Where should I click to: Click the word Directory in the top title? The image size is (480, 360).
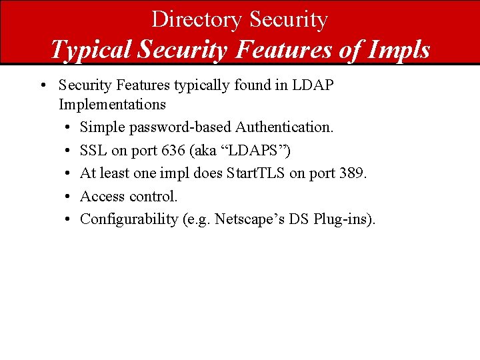[197, 19]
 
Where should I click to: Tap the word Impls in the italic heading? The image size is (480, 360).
[398, 49]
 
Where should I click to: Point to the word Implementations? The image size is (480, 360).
[112, 104]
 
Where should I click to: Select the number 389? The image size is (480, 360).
[351, 173]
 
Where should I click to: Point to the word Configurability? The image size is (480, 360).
[129, 219]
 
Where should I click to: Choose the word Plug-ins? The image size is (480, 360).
[347, 219]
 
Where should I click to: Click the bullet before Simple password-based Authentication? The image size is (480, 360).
[69, 127]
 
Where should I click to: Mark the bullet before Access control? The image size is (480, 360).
[69, 197]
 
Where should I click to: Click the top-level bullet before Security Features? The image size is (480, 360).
[42, 86]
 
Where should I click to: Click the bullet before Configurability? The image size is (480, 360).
[69, 219]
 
